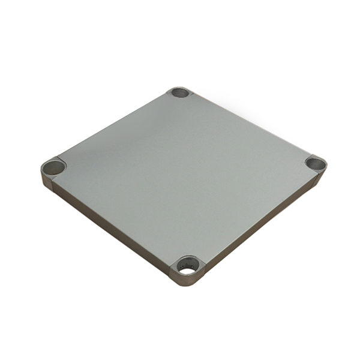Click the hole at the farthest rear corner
(x=179, y=93)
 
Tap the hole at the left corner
(x=53, y=167)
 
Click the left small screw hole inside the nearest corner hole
(x=182, y=262)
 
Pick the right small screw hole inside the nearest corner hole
(x=193, y=263)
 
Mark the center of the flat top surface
(x=183, y=174)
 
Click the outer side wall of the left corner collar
(x=47, y=179)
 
